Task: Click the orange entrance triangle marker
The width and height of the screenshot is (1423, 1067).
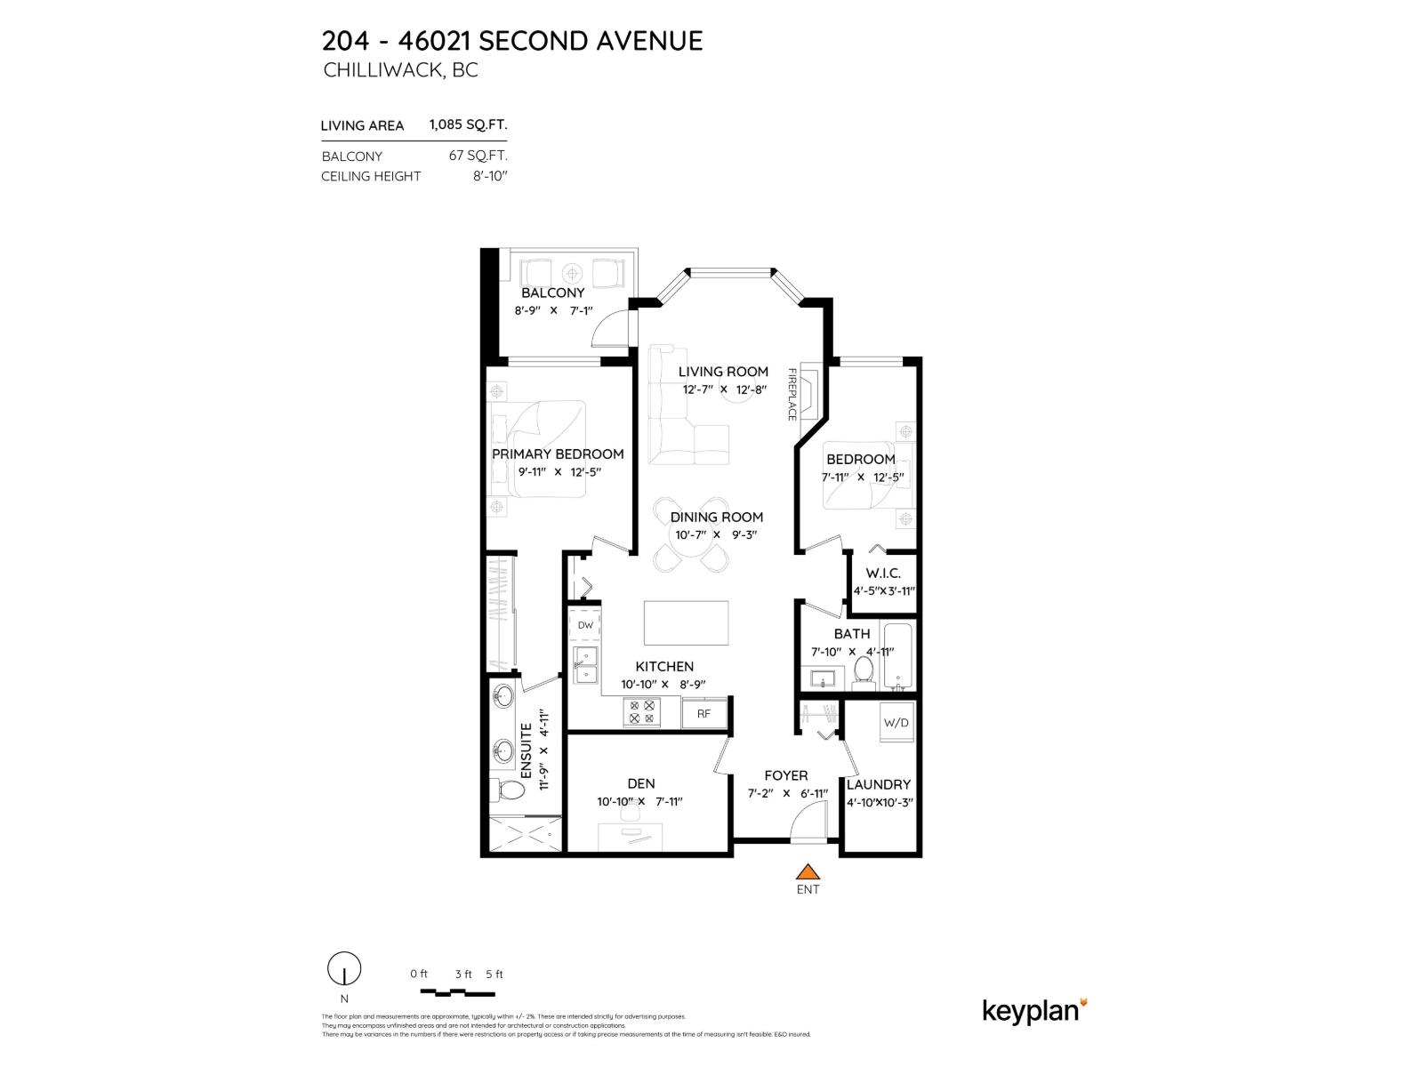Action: [807, 871]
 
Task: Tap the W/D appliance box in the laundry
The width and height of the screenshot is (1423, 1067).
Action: [896, 722]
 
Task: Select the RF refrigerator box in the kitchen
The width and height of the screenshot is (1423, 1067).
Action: [703, 713]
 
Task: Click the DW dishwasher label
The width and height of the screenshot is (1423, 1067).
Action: [585, 625]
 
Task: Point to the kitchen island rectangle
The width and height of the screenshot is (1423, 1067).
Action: [686, 623]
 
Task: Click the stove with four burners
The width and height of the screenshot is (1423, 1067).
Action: [641, 711]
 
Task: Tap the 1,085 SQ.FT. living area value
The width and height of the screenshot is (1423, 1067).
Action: [468, 125]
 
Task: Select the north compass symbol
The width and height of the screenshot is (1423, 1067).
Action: [344, 969]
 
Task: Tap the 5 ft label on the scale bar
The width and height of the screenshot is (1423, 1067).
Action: [494, 974]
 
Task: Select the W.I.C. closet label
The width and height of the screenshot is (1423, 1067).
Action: [883, 574]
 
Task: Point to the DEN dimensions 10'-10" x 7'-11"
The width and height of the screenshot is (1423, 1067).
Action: [639, 801]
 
